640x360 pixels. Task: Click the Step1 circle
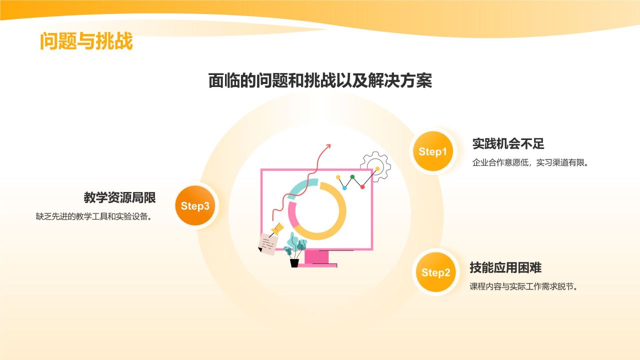click(x=432, y=152)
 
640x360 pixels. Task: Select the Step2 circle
click(x=435, y=272)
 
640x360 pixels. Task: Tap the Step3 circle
click(x=195, y=206)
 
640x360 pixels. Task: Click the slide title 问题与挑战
click(x=86, y=42)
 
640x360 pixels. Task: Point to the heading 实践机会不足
click(x=508, y=144)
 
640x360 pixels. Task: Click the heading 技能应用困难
click(x=505, y=267)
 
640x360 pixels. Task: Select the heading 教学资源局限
click(x=120, y=197)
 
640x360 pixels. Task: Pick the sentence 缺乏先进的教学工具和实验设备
click(x=93, y=216)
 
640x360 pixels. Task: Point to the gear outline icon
click(x=375, y=165)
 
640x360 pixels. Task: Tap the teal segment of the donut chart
click(x=302, y=187)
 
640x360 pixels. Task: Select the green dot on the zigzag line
click(x=352, y=177)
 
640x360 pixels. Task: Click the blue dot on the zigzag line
click(x=344, y=188)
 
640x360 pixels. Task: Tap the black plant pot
click(x=294, y=262)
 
